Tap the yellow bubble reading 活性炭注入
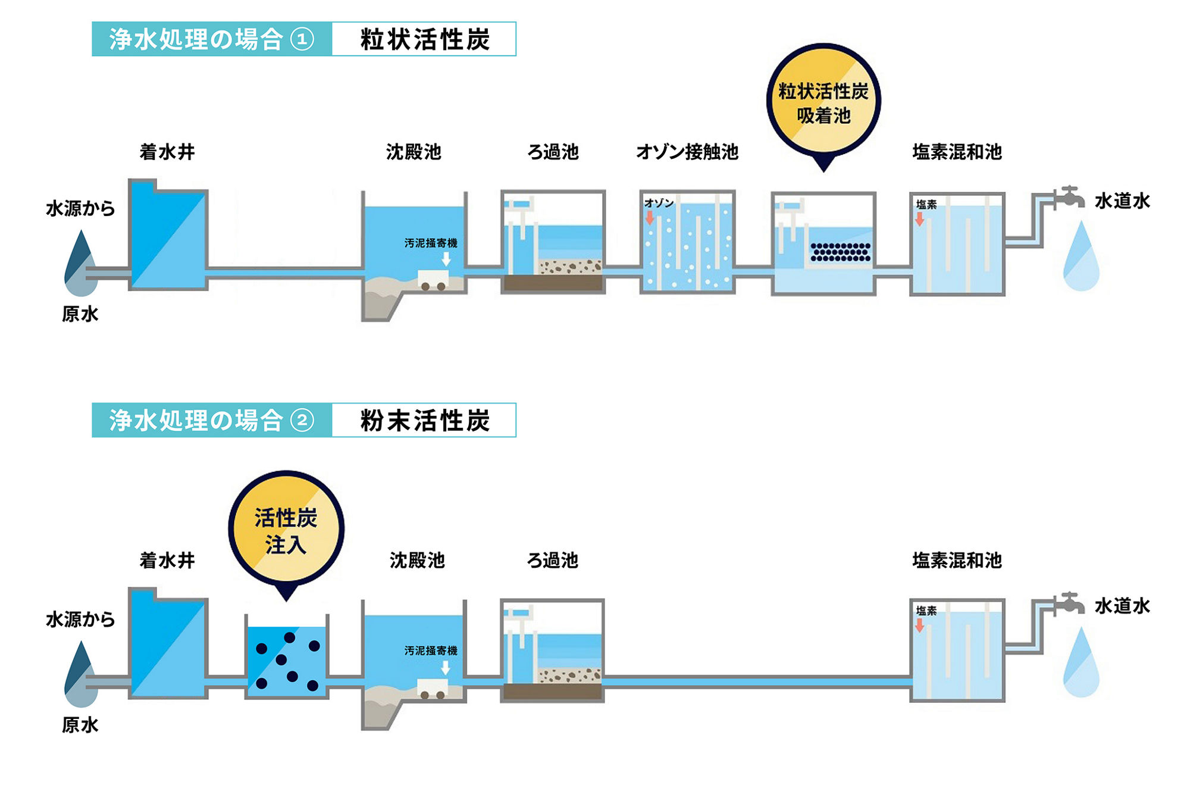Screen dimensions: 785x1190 [x=286, y=530]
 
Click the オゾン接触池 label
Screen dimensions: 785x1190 [x=687, y=152]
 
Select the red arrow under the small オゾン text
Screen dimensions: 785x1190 [x=650, y=217]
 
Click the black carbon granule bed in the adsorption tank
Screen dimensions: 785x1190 [x=840, y=252]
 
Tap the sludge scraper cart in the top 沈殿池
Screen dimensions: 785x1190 [x=433, y=280]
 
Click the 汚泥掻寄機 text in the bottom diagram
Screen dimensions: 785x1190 [x=431, y=650]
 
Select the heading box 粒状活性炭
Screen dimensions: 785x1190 [x=424, y=39]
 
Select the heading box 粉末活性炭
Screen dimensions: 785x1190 [x=424, y=420]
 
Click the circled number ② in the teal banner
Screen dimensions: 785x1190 [x=302, y=420]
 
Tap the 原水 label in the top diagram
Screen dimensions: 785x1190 [x=80, y=314]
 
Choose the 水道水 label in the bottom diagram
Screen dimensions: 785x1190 [x=1122, y=606]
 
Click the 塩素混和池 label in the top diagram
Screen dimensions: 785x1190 [x=957, y=152]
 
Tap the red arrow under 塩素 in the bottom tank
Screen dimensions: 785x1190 [x=919, y=625]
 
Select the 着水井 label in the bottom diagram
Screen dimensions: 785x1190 [x=167, y=560]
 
